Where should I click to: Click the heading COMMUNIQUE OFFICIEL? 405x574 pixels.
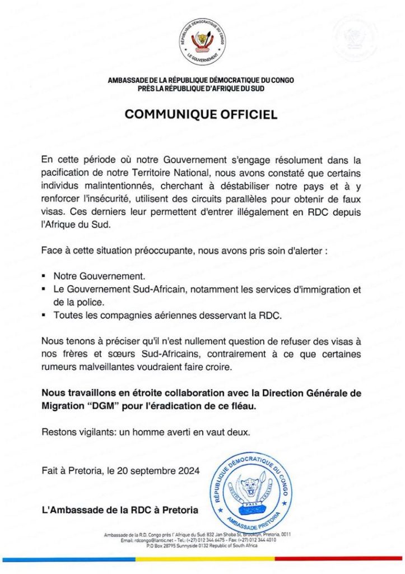[x=201, y=114]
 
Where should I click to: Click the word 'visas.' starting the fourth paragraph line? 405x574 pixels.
[x=53, y=212]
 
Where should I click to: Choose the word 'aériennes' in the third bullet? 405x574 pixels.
[x=183, y=316]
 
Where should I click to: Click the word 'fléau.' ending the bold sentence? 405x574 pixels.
[x=243, y=406]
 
